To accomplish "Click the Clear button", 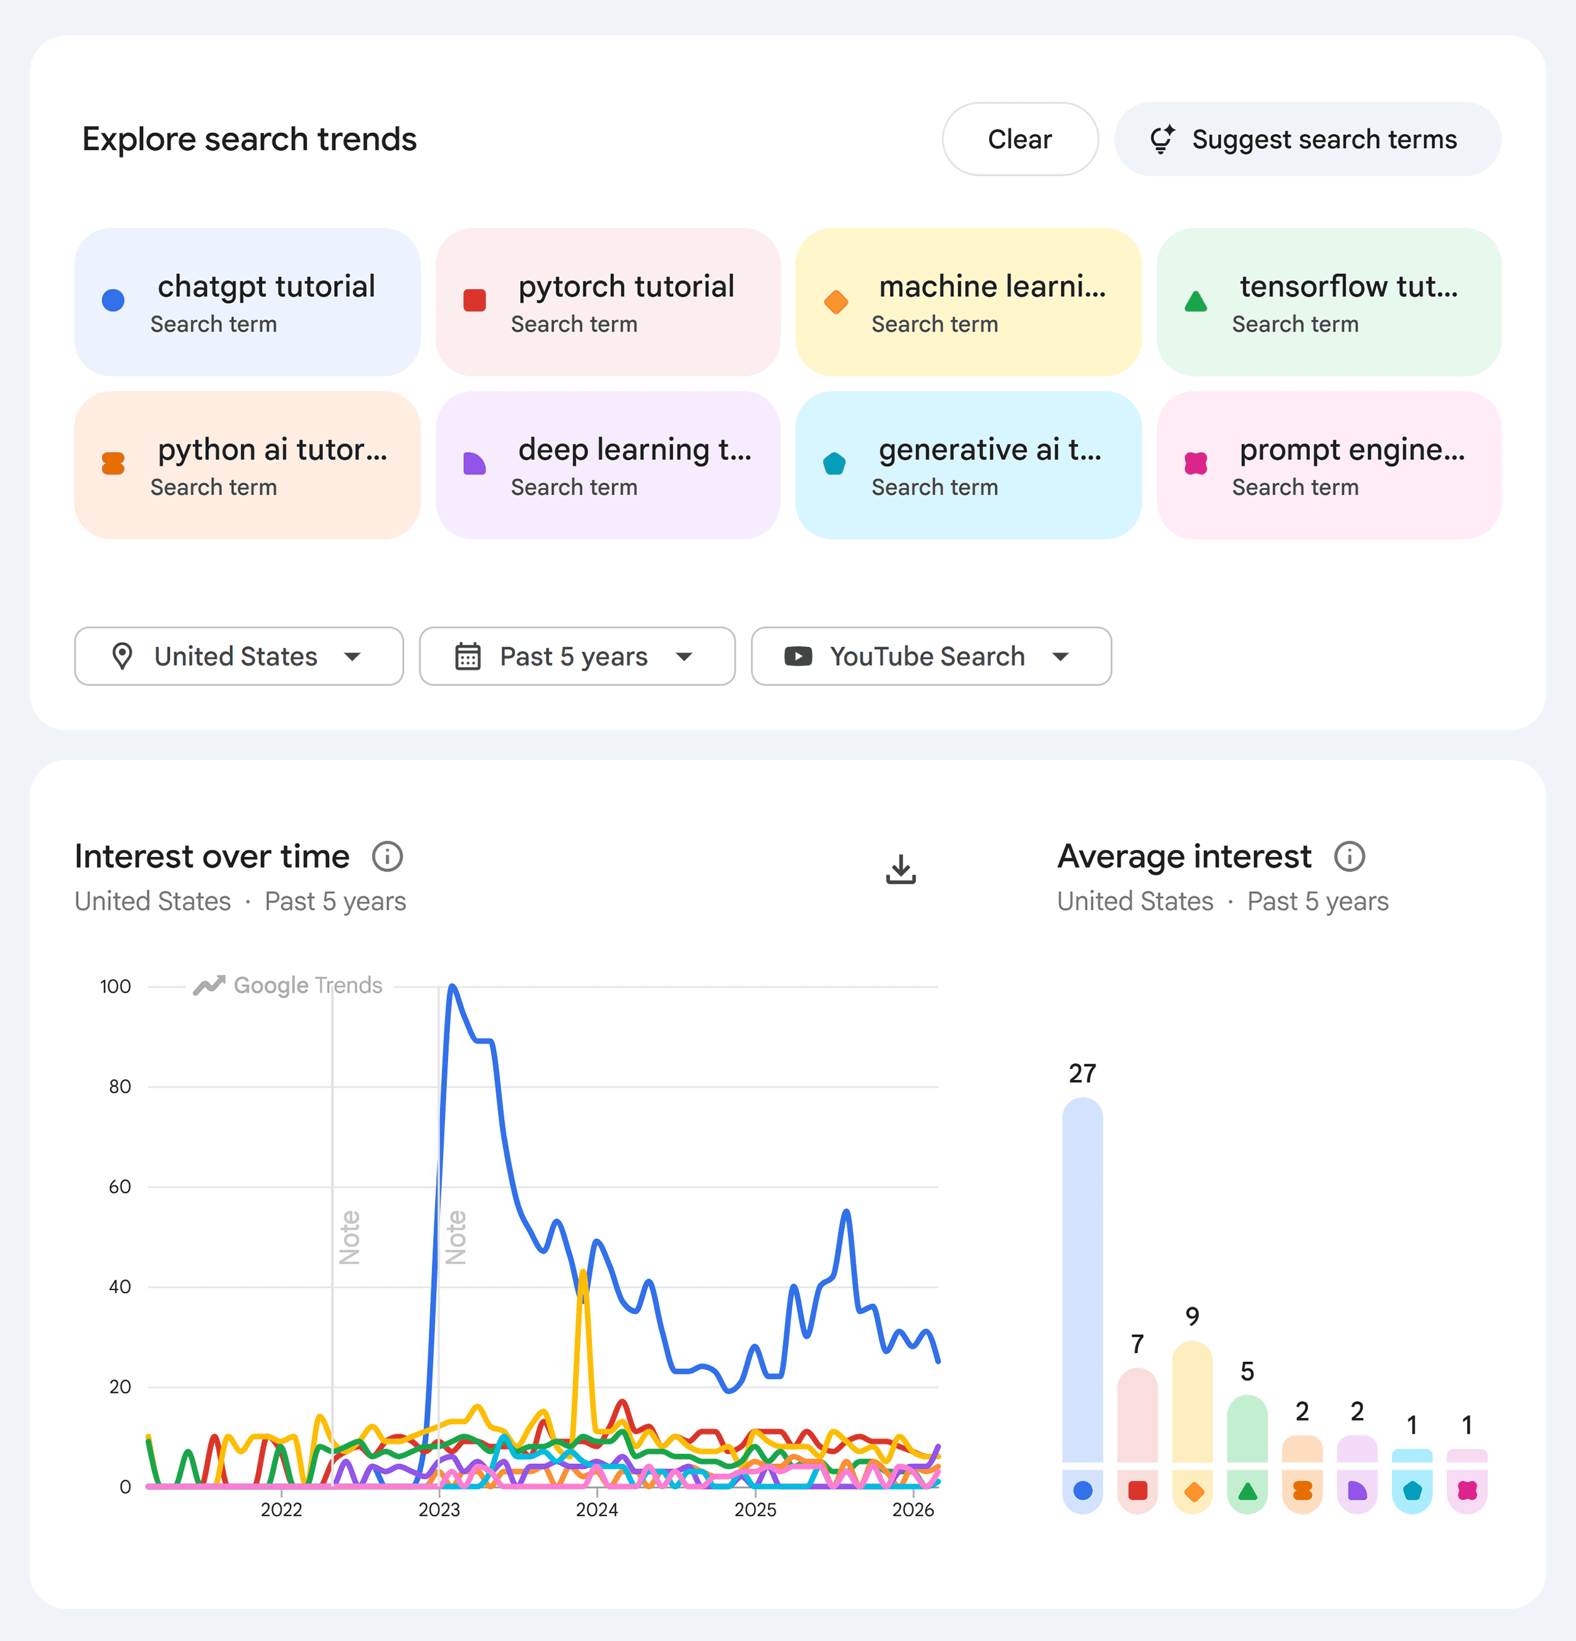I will pos(1019,139).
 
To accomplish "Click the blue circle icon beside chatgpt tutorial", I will pos(113,301).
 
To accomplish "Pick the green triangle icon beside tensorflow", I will pos(1196,301).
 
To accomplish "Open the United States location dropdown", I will pos(239,657).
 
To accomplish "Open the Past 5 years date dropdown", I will pos(576,657).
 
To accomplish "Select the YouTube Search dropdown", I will pos(930,657).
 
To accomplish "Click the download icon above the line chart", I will pos(900,869).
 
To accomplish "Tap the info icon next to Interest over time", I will pos(387,856).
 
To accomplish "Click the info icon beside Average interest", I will pos(1349,856).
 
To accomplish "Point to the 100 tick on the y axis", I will pos(115,986).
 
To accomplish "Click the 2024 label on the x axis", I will pos(597,1509).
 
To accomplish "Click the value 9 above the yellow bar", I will pos(1193,1317).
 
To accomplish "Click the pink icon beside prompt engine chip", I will pos(1196,464).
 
